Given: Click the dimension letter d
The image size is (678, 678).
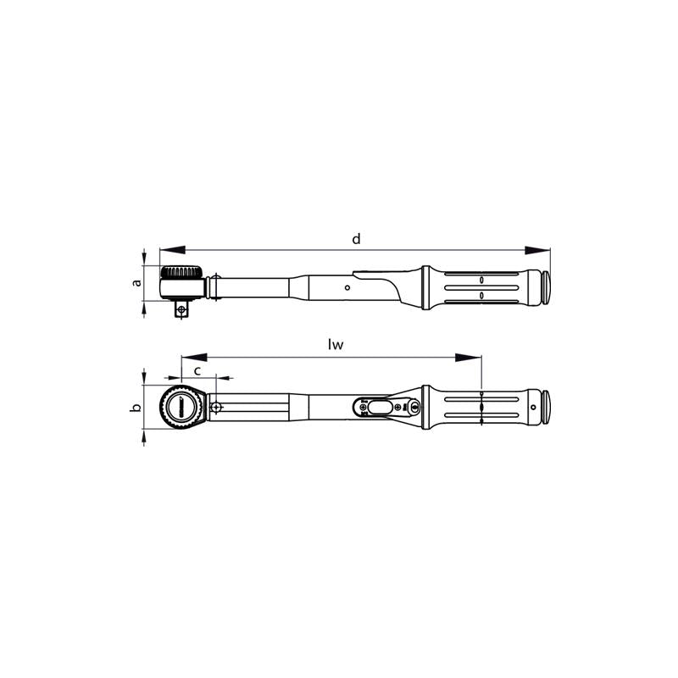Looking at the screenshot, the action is (356, 239).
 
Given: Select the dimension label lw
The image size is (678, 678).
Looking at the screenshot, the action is (336, 344).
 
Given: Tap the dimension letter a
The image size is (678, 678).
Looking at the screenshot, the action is (137, 283).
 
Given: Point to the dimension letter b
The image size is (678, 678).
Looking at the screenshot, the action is (136, 408).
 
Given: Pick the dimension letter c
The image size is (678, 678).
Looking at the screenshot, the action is (197, 371).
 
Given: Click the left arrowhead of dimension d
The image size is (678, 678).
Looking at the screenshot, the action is (173, 250).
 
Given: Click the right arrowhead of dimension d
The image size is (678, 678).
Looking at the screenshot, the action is (537, 250).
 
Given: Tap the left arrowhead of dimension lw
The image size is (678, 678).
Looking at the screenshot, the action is (194, 357).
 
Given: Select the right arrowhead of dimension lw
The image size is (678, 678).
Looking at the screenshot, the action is (469, 357).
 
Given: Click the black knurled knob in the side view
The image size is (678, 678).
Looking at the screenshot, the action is (181, 272).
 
